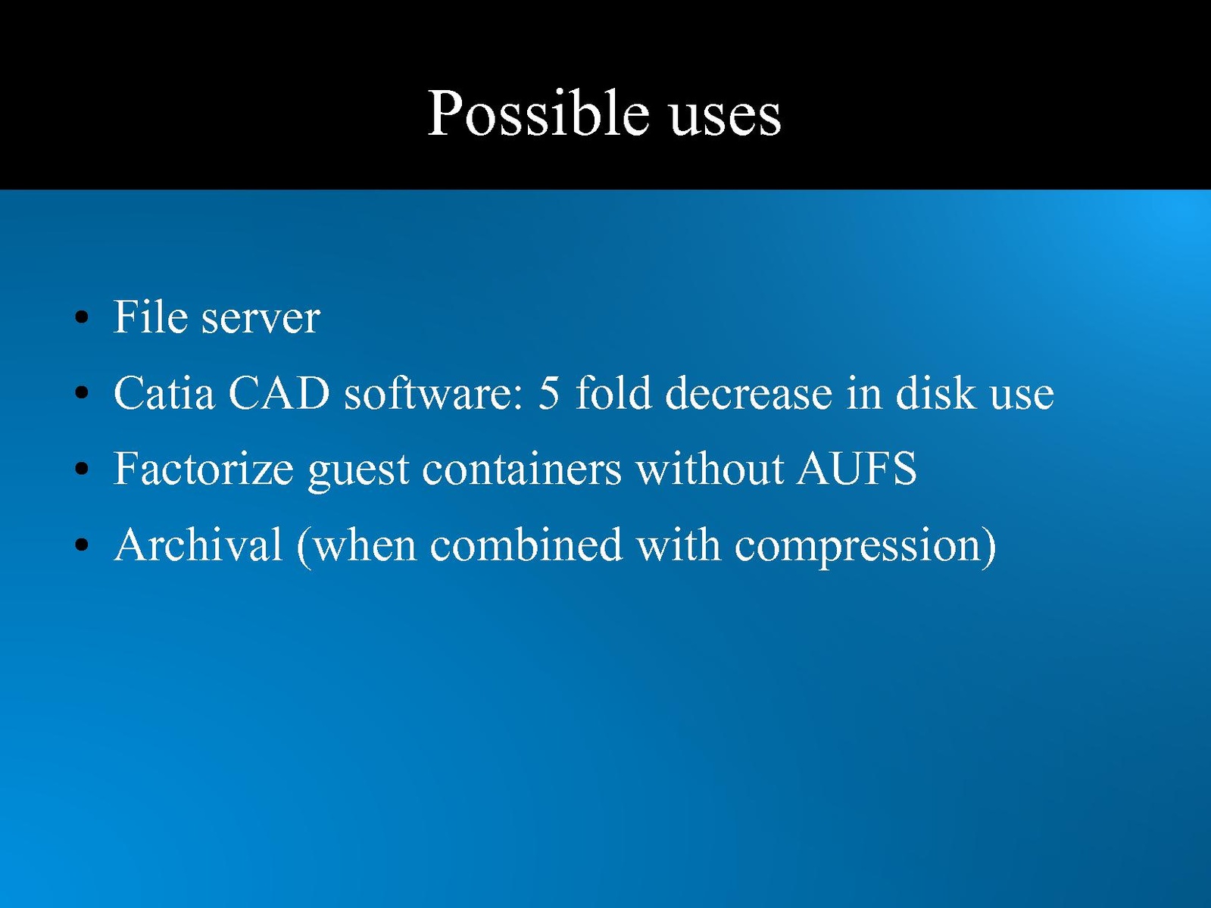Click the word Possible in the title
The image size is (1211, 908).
point(538,113)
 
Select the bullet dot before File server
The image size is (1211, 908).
point(82,318)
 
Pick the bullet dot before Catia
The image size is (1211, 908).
point(82,393)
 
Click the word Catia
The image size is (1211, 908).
point(164,392)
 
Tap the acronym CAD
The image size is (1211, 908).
point(279,392)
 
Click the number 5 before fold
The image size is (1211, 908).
point(548,393)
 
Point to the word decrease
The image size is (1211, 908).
point(749,392)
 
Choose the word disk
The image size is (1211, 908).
point(935,392)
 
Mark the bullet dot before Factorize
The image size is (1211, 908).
point(82,469)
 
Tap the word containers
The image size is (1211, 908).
point(522,468)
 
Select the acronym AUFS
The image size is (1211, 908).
point(857,468)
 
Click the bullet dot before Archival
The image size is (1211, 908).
point(82,545)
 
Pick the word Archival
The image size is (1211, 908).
point(198,544)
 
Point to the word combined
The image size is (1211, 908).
point(526,544)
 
